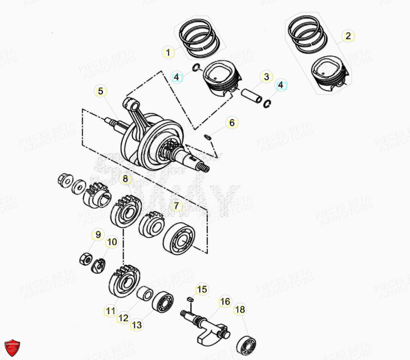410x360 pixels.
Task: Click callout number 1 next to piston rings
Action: point(168,53)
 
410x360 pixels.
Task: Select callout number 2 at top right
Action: point(348,36)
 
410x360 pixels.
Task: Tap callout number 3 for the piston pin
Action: point(266,77)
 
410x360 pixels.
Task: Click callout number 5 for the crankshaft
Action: point(100,92)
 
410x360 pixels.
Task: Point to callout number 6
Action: point(232,123)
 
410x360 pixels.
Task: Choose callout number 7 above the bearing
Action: point(177,206)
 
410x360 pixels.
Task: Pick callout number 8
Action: point(125,179)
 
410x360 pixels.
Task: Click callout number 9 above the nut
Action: point(96,235)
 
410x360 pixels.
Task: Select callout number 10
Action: point(112,242)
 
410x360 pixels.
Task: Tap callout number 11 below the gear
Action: point(110,311)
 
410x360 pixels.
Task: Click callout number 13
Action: point(137,325)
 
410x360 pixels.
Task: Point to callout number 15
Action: point(202,290)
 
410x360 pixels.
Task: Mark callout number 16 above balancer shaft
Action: point(225,302)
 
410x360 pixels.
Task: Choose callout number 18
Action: point(240,310)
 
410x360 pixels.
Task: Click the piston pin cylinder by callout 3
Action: point(252,96)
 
